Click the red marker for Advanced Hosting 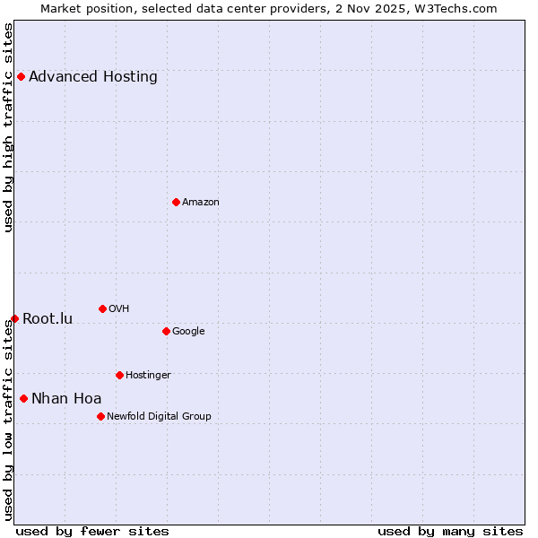tap(21, 76)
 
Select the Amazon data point tap(176, 202)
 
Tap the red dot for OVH tap(102, 308)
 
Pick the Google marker tap(166, 331)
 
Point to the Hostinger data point tap(119, 375)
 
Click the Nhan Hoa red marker tap(23, 398)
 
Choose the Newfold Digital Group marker tap(100, 416)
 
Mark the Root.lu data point tap(14, 318)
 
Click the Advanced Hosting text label tap(93, 76)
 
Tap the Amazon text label tap(201, 202)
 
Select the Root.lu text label tap(48, 318)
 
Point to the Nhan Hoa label tap(66, 398)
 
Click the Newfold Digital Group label tap(159, 416)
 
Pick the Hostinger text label tap(148, 375)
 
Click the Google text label tap(188, 331)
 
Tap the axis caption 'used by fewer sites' tap(92, 531)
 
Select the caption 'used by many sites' tap(450, 531)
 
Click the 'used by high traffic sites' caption tap(8, 127)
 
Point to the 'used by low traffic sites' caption tap(8, 420)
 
